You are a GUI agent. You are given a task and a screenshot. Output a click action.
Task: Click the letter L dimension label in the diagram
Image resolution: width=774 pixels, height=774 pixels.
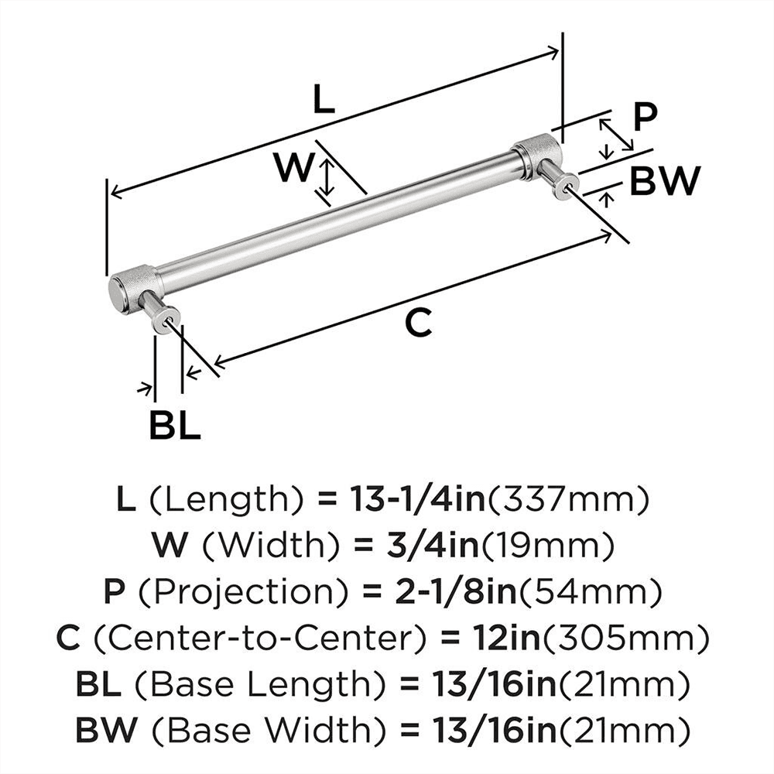point(324,100)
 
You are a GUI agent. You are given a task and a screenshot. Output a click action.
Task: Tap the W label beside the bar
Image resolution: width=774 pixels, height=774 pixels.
point(294,167)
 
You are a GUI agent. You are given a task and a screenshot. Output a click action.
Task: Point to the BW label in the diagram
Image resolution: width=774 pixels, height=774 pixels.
point(663,183)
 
